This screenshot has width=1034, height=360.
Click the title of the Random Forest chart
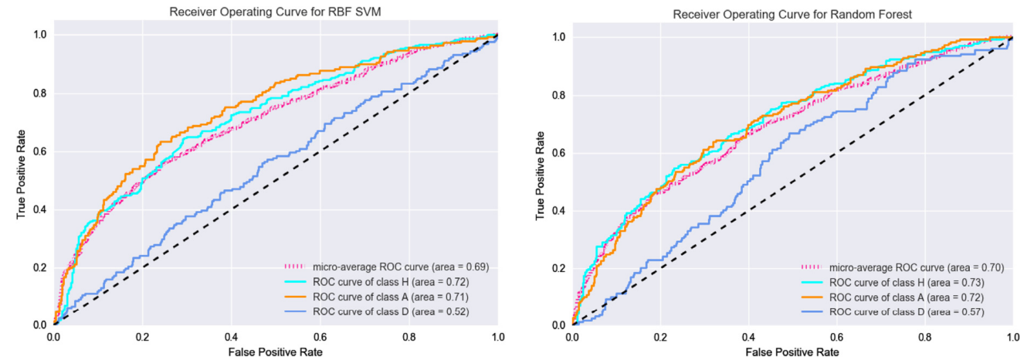[x=792, y=15]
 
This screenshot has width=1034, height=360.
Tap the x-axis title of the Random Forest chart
[x=792, y=353]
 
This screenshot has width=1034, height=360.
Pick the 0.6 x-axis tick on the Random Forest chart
[x=836, y=338]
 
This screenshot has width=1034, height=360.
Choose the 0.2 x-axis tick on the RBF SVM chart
[x=142, y=338]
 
